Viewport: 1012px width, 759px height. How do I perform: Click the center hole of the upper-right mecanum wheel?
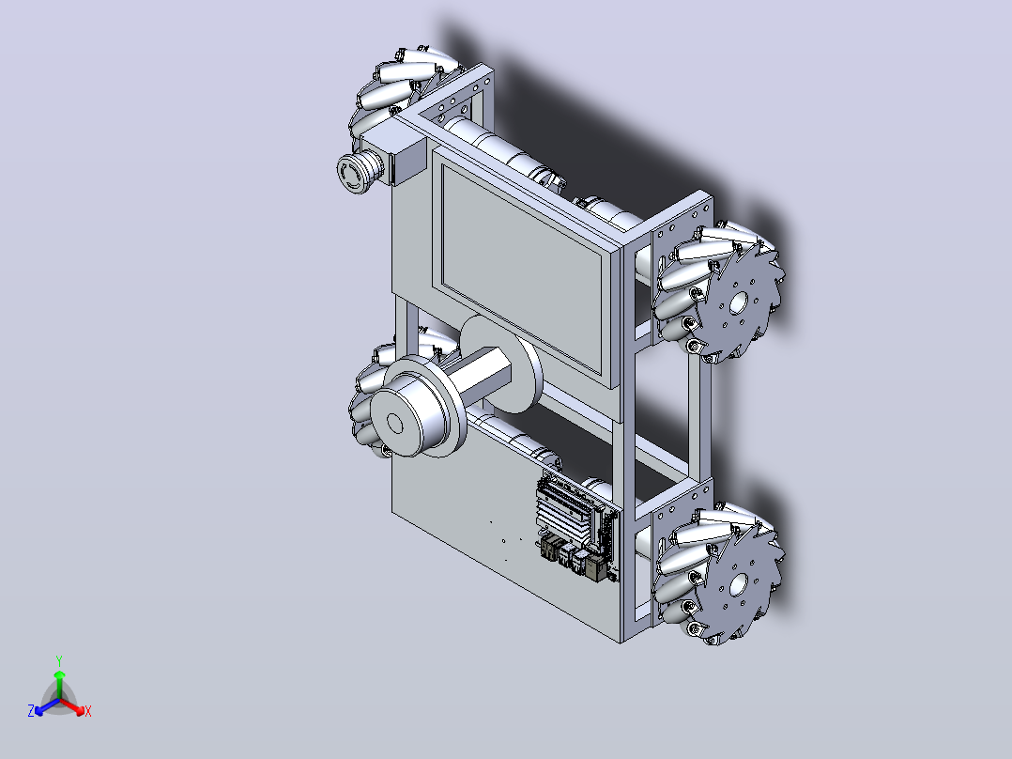739,302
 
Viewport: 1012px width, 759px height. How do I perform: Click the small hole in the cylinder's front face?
394,423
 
